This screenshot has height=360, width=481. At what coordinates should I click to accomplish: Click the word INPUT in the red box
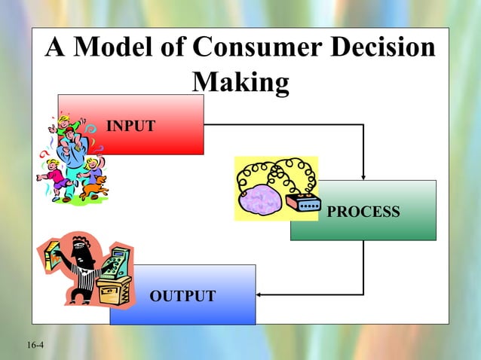(131, 125)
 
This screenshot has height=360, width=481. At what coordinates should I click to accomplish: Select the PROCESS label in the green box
(363, 212)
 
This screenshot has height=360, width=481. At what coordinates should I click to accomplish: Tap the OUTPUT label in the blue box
(182, 296)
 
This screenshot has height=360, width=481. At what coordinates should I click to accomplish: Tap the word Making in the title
(240, 81)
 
